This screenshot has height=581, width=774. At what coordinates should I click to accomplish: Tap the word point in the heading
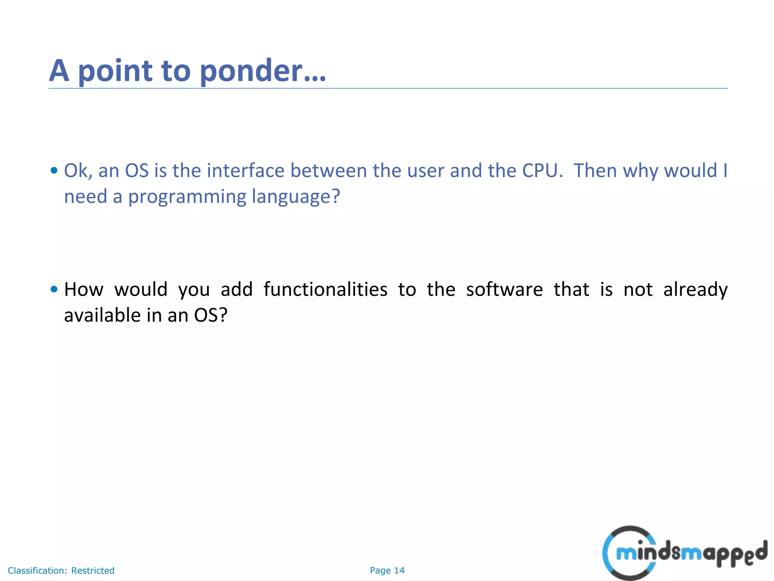(x=115, y=71)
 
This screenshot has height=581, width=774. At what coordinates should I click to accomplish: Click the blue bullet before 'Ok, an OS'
(x=54, y=171)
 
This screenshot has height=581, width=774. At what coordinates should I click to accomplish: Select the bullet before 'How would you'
(x=54, y=290)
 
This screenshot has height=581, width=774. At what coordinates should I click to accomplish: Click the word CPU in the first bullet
(x=540, y=171)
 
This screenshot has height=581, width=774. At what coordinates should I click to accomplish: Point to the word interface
(x=245, y=171)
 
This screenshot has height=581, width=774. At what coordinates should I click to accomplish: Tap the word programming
(x=187, y=197)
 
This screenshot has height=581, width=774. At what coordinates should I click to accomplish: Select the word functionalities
(x=325, y=290)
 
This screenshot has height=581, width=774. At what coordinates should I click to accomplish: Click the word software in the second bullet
(x=504, y=290)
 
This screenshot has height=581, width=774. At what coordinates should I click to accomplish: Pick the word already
(x=695, y=290)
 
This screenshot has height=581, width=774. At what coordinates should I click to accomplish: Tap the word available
(x=102, y=315)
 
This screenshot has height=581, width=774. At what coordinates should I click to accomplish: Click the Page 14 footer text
(x=387, y=570)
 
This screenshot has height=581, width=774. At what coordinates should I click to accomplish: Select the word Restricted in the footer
(x=93, y=570)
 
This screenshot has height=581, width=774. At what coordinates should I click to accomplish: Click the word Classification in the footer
(x=37, y=570)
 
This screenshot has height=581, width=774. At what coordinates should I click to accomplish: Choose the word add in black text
(x=237, y=290)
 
